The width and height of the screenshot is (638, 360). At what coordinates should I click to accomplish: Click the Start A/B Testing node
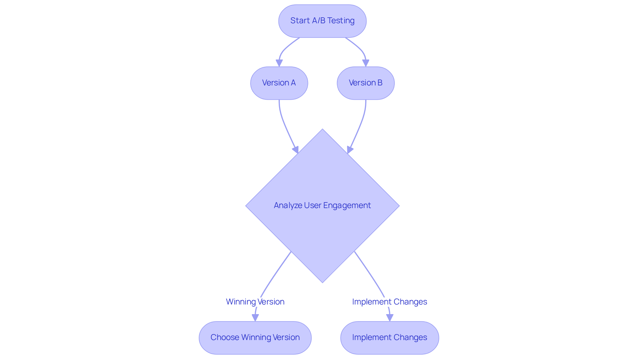[322, 21]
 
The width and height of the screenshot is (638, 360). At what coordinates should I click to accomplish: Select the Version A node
[279, 83]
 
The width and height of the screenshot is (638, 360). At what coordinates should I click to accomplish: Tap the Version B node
[366, 83]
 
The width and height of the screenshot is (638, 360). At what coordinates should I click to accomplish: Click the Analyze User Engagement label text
[322, 205]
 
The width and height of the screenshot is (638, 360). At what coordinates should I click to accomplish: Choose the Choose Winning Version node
[255, 337]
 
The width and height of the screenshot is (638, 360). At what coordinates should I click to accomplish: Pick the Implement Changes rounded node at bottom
[389, 337]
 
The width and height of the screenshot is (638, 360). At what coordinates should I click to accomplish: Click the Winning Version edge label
[255, 302]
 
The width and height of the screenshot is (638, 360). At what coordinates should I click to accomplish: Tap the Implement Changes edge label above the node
[389, 302]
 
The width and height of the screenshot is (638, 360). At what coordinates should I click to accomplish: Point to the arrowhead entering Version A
[279, 63]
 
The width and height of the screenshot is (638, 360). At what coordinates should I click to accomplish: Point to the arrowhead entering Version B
[366, 63]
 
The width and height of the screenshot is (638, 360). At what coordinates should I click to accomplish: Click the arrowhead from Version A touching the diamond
[295, 150]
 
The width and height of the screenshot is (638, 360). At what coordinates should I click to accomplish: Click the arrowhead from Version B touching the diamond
[350, 150]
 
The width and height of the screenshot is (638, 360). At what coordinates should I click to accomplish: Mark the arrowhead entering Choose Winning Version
[255, 318]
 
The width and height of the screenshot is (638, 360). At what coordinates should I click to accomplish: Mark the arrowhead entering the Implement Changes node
[389, 318]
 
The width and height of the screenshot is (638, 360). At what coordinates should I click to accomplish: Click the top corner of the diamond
[322, 130]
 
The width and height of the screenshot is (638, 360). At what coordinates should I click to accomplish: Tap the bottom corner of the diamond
[322, 282]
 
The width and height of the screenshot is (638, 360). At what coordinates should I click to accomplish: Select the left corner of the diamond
[247, 206]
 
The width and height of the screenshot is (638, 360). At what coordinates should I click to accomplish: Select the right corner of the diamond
[398, 206]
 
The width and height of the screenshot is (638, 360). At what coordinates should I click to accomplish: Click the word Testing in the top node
[341, 21]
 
